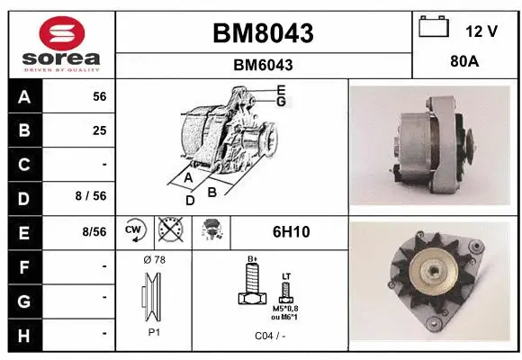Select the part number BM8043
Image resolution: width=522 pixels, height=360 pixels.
(263, 33)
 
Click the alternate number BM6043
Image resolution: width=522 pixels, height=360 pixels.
(263, 65)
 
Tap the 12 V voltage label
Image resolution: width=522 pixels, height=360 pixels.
(481, 31)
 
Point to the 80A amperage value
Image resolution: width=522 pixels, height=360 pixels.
(464, 64)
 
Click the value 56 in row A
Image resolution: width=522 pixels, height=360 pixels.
(99, 96)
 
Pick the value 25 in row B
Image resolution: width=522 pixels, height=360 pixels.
(99, 130)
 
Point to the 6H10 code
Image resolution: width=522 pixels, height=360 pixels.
(291, 232)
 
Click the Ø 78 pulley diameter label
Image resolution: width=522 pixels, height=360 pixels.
(154, 260)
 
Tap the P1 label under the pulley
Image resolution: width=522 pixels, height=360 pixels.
(154, 331)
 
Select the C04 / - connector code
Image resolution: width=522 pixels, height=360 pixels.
(270, 336)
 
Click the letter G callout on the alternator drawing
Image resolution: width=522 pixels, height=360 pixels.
(282, 102)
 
